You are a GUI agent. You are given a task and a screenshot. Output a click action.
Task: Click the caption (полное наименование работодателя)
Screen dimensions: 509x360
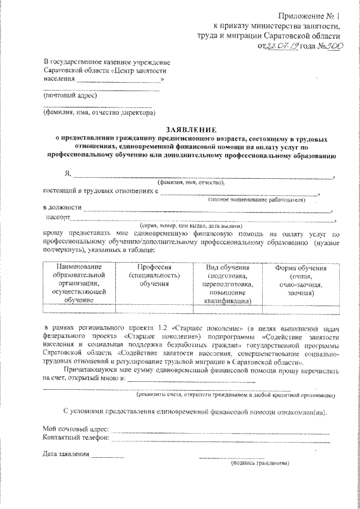[256, 199]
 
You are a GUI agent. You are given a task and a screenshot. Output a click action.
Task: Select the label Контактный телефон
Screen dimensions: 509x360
[76, 436]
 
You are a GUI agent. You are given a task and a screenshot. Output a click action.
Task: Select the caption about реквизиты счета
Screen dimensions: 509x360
[239, 395]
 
